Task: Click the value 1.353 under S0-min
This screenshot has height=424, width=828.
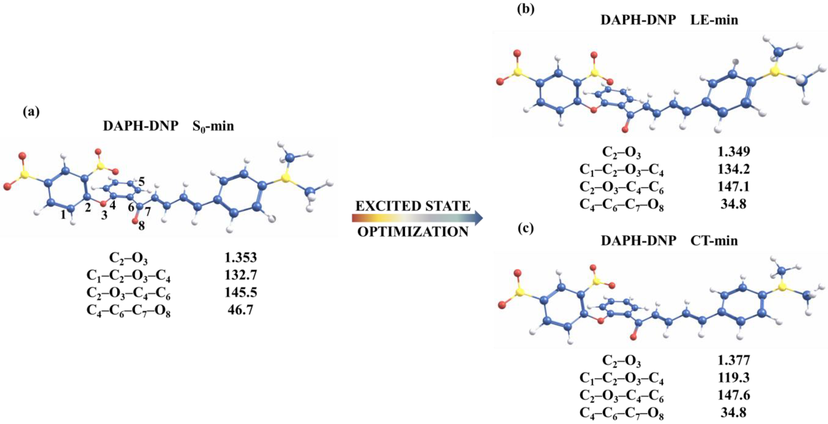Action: [x=241, y=258]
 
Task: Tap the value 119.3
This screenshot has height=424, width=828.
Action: [x=734, y=378]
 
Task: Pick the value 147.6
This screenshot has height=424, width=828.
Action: [x=734, y=395]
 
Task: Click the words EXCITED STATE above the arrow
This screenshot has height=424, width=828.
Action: [x=413, y=206]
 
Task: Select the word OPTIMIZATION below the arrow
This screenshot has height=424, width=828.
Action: [x=413, y=232]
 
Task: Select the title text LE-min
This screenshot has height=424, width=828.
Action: [x=714, y=20]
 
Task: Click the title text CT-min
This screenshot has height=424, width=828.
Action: [x=714, y=240]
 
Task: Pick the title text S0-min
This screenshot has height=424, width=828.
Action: [x=213, y=126]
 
